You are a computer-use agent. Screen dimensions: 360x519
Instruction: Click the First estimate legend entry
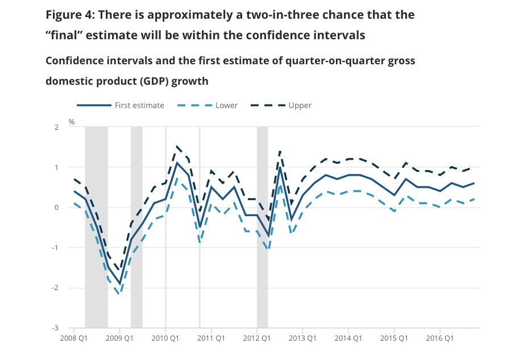click(139, 105)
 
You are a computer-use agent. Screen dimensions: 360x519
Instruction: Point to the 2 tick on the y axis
click(57, 127)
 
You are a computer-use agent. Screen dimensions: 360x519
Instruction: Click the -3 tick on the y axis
click(56, 328)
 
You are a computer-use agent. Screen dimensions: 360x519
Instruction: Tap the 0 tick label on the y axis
click(57, 208)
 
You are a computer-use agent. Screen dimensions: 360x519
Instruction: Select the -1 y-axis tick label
click(56, 248)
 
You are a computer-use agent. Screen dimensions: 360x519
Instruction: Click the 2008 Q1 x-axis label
click(74, 338)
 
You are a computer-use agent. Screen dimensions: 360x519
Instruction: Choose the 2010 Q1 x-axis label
click(165, 338)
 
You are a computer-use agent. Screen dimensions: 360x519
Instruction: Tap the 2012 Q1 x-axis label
click(257, 338)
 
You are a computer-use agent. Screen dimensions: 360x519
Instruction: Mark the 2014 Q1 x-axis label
click(348, 338)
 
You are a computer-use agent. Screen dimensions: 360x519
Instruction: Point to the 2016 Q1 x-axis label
click(440, 338)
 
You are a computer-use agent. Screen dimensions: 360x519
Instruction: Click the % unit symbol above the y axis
click(72, 122)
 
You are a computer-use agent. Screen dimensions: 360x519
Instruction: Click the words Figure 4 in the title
click(70, 14)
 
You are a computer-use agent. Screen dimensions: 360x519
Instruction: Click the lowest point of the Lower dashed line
click(119, 293)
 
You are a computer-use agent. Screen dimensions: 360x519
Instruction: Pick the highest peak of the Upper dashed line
click(177, 147)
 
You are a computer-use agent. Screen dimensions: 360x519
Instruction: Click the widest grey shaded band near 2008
click(96, 227)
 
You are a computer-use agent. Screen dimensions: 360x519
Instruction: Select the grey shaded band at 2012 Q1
click(262, 227)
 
